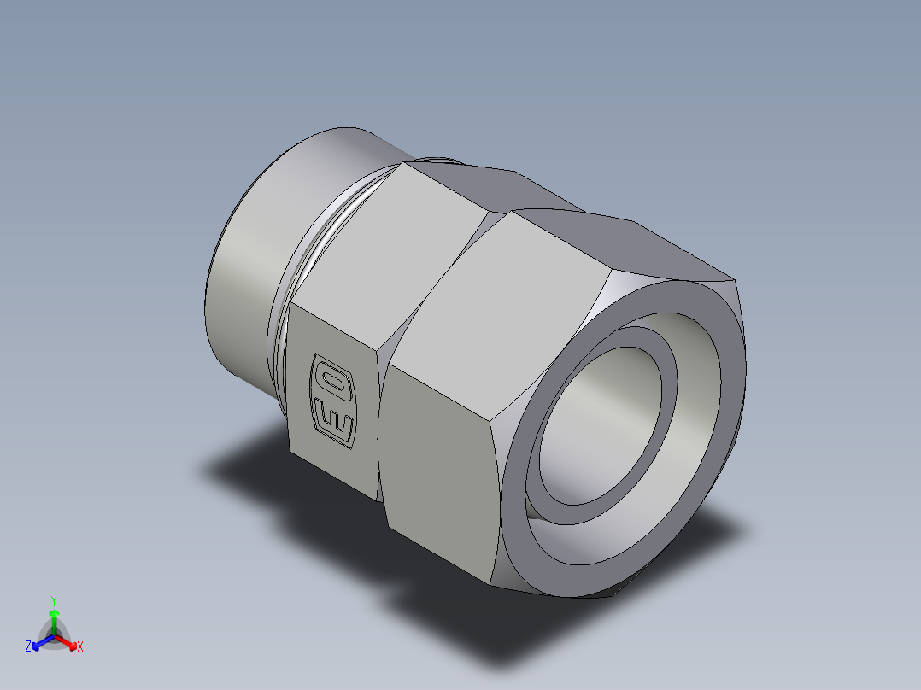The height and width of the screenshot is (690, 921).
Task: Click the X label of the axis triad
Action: (x=79, y=647)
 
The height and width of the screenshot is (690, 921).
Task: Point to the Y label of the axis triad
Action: (x=53, y=600)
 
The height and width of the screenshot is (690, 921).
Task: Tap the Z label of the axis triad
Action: (x=28, y=647)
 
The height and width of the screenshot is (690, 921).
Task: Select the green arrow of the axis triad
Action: (x=53, y=618)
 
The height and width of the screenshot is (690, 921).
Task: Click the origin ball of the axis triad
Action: (x=53, y=634)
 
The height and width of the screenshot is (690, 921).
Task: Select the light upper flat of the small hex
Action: (x=384, y=248)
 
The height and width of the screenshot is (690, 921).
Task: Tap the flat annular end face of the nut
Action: (x=709, y=427)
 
